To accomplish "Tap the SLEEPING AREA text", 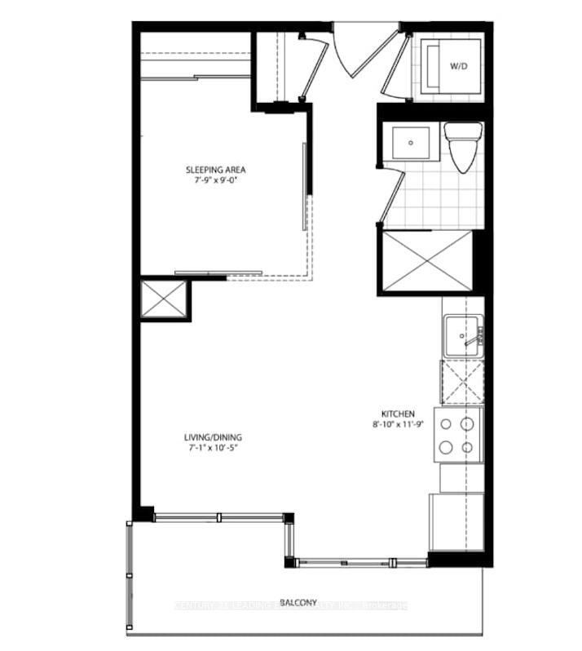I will pyautogui.click(x=216, y=170).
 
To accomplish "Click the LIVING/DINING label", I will pyautogui.click(x=213, y=437).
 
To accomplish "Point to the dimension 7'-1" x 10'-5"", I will pyautogui.click(x=213, y=448).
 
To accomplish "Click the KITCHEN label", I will pyautogui.click(x=398, y=414).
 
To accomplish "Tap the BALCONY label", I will pyautogui.click(x=298, y=603).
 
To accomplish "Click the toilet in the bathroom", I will pyautogui.click(x=461, y=147).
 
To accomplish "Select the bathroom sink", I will pyautogui.click(x=412, y=144).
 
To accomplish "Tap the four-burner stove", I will pyautogui.click(x=457, y=436).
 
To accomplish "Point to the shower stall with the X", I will pyautogui.click(x=426, y=261).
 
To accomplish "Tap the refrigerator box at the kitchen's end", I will pyautogui.click(x=456, y=521).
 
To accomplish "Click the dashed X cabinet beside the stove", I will pyautogui.click(x=461, y=382).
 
